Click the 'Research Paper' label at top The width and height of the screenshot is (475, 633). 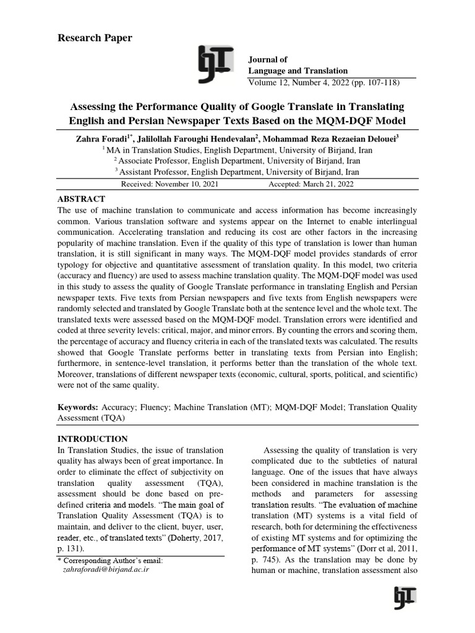point(95,38)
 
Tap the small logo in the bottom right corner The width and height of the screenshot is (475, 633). point(404,598)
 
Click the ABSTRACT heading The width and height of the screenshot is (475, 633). point(81,199)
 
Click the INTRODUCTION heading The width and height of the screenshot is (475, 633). point(93,438)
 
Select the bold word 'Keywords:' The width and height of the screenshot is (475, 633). point(78,407)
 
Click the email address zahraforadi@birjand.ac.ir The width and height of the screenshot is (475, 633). point(106,570)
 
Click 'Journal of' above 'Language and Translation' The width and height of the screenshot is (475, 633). point(268,60)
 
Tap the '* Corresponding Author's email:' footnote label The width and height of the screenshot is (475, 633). point(109,561)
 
